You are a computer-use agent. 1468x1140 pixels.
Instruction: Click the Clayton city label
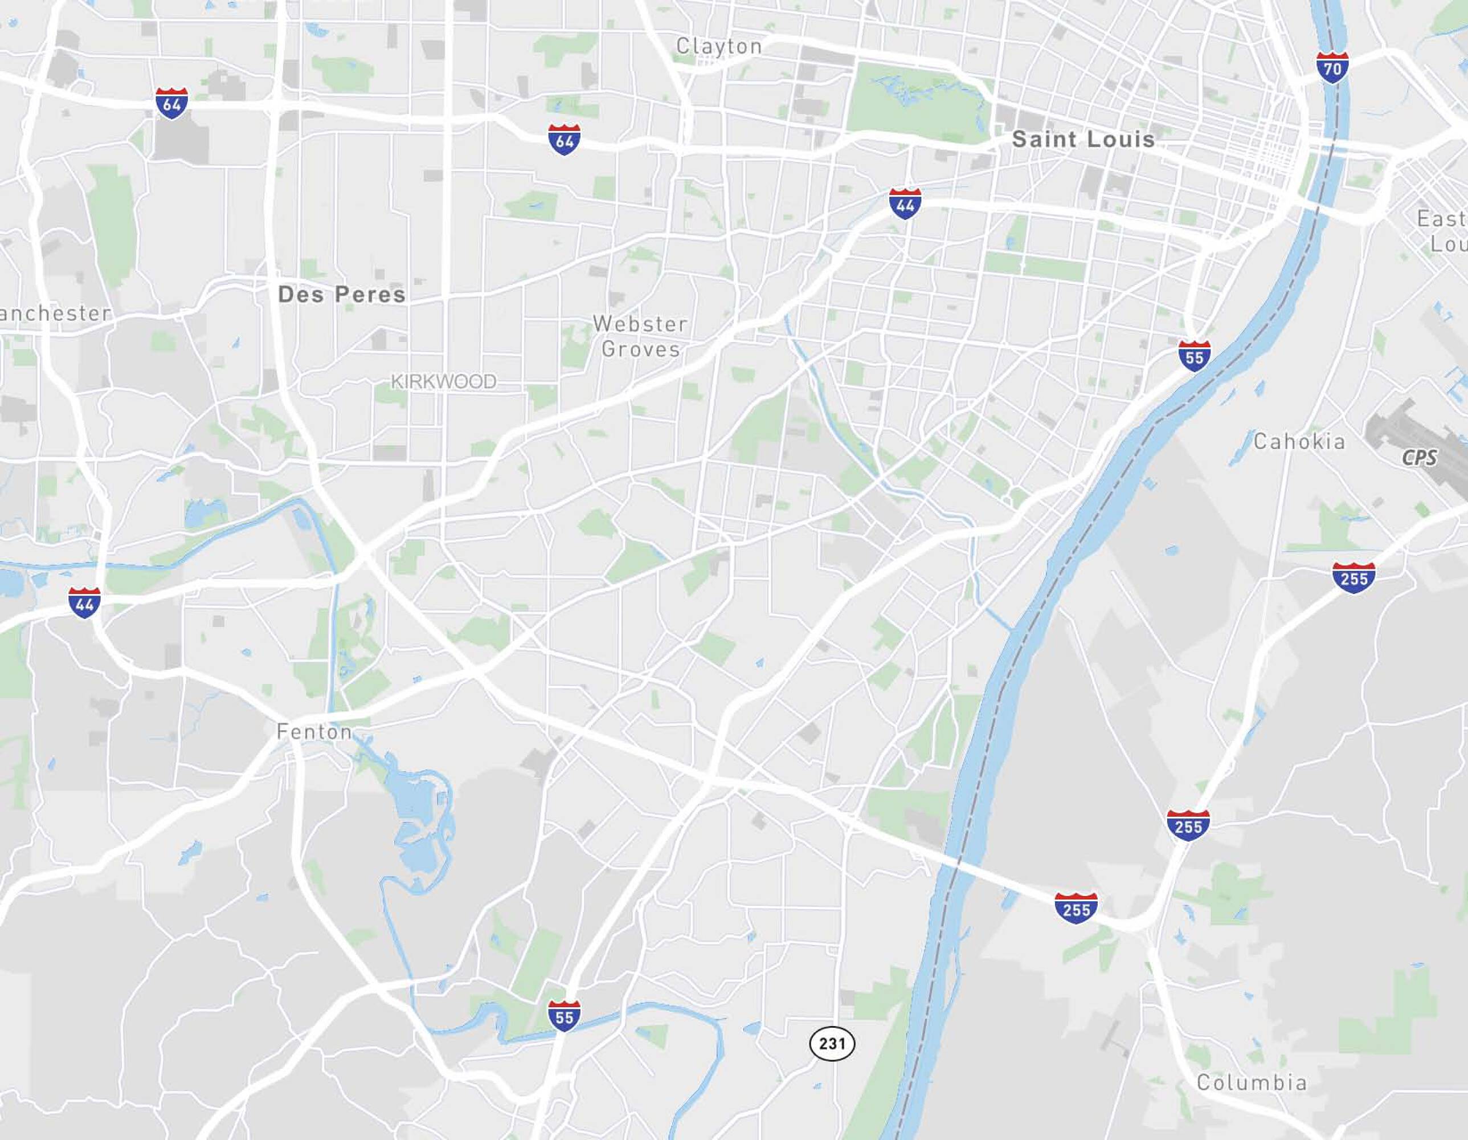[718, 46]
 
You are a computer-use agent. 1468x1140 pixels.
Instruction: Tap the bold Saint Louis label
[1083, 139]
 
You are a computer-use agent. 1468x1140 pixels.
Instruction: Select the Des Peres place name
[341, 294]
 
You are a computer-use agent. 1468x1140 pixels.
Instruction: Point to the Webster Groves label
[640, 336]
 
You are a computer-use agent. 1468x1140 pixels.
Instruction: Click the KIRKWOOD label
[444, 381]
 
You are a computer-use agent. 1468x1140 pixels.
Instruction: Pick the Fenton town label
[314, 731]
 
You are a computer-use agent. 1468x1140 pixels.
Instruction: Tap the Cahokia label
[1299, 441]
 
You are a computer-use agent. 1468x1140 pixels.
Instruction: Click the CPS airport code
[1419, 458]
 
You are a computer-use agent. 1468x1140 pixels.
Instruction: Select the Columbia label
[1252, 1082]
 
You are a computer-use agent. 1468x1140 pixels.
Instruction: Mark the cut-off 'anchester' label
[55, 313]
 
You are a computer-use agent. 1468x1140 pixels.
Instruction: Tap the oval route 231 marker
[832, 1043]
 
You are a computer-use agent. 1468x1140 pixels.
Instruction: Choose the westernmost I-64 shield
[171, 104]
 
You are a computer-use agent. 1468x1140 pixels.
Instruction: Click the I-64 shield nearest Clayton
[564, 140]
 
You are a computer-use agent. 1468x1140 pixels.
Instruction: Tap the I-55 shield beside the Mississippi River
[1194, 356]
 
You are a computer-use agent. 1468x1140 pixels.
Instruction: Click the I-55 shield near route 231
[564, 1016]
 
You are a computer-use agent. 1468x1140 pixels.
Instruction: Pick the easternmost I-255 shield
[1353, 578]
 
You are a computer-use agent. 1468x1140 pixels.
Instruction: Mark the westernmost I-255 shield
[1076, 908]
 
